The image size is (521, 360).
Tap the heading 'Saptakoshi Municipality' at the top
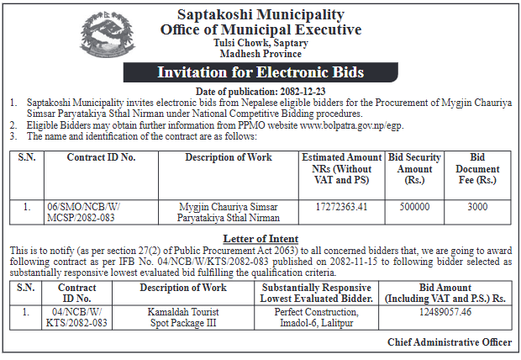tap(260, 15)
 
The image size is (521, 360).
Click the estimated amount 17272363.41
tap(340, 205)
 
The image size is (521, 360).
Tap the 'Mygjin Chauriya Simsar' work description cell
tap(229, 210)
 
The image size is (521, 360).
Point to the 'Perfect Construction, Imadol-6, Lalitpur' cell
tap(316, 317)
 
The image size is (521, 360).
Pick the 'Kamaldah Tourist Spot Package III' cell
tap(183, 317)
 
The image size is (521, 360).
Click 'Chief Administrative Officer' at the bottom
tap(450, 342)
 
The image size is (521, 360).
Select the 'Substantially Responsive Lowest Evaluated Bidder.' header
tap(316, 294)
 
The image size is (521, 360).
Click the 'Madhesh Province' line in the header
tap(260, 54)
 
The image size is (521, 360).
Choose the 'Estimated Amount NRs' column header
tap(340, 169)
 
